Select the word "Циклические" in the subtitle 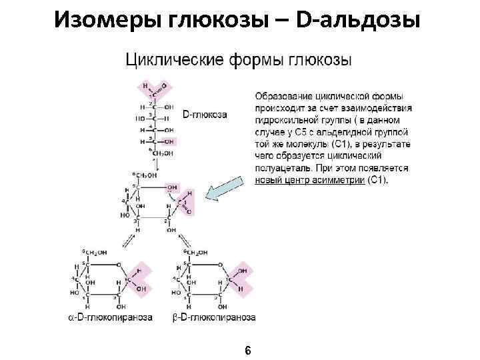coord(177,60)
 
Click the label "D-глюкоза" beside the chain coord(205,114)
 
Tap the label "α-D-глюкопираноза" coord(111,317)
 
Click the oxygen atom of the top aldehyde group coord(165,86)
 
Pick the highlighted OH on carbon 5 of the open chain coord(169,141)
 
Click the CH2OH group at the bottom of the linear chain coord(162,153)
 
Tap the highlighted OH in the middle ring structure coord(172,187)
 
